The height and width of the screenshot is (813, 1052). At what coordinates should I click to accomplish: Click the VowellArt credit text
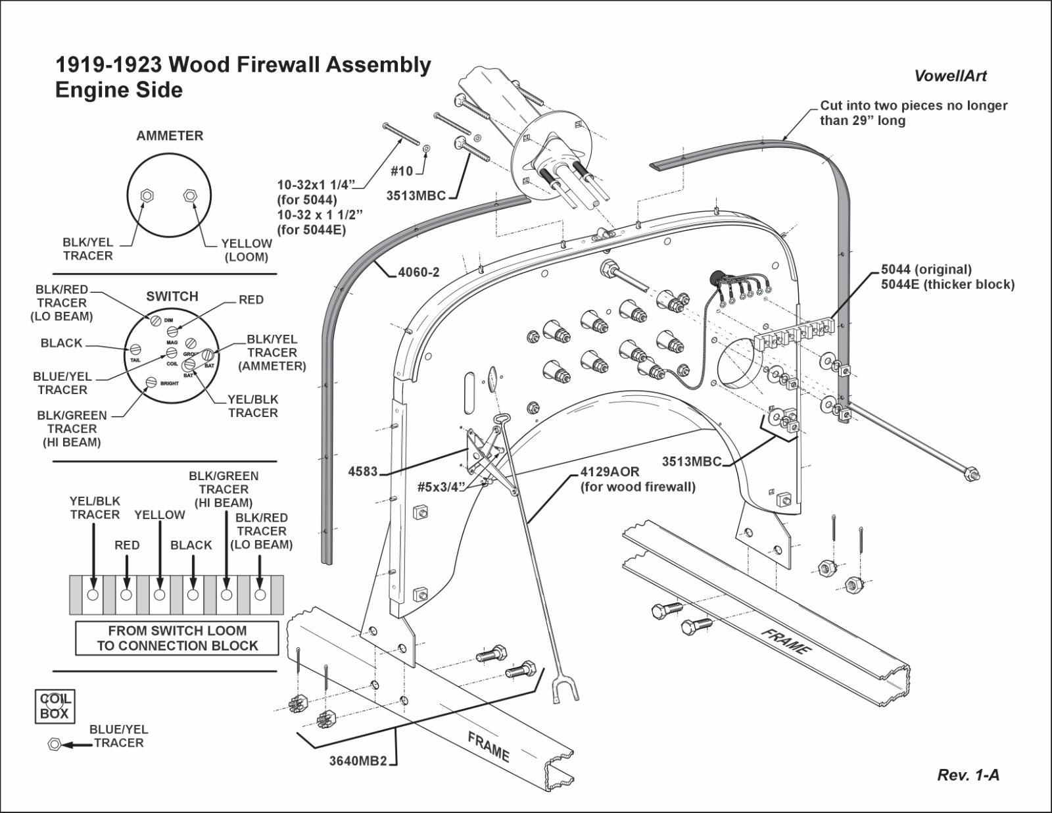click(x=950, y=76)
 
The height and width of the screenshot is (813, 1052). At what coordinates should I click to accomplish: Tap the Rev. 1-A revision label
click(x=968, y=775)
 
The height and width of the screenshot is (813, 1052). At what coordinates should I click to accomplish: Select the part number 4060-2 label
click(x=419, y=272)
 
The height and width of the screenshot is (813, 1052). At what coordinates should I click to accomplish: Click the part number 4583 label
click(x=363, y=471)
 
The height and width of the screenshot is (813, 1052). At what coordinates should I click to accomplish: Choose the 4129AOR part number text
click(x=610, y=472)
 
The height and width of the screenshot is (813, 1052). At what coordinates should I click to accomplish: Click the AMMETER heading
click(x=170, y=136)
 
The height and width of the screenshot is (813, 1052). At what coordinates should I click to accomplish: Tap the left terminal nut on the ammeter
click(x=147, y=195)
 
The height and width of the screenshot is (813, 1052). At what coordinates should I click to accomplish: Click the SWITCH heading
click(x=172, y=297)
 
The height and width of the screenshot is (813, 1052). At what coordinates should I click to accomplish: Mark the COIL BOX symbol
click(x=55, y=706)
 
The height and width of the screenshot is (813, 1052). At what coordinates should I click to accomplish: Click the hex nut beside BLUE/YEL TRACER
click(x=54, y=745)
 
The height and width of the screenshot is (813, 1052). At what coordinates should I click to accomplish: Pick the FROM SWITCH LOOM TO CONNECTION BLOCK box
click(x=177, y=638)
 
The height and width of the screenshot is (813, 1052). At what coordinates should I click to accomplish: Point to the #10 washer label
click(x=402, y=172)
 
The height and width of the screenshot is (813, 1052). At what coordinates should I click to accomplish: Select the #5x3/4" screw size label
click(x=442, y=487)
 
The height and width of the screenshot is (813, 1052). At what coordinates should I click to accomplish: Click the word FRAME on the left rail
click(x=489, y=746)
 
